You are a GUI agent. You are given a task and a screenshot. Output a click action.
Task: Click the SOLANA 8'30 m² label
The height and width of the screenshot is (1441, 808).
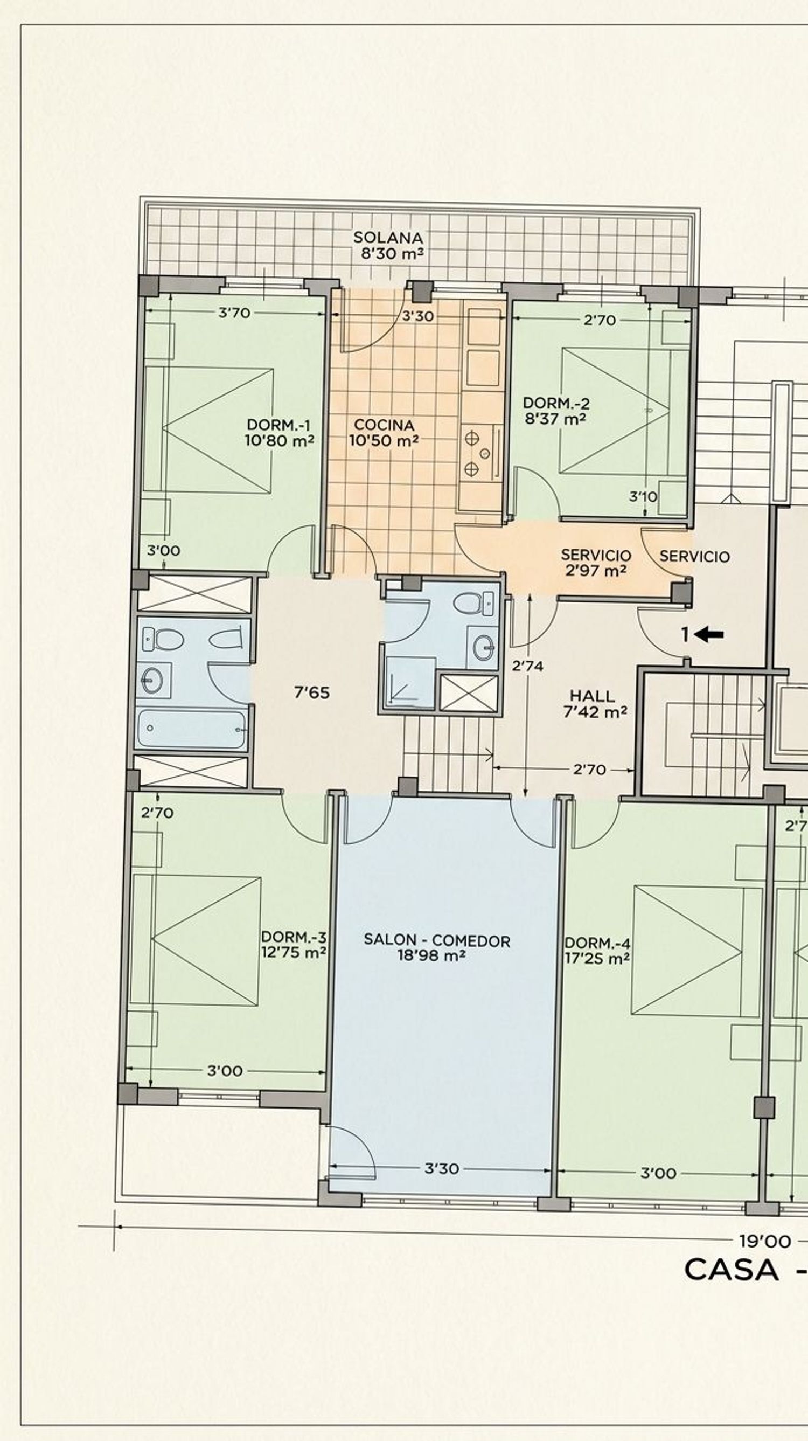point(388,246)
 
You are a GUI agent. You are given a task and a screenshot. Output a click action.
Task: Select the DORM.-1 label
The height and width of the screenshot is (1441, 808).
point(278,424)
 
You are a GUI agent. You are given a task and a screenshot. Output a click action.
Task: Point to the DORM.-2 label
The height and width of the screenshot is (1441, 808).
point(556,403)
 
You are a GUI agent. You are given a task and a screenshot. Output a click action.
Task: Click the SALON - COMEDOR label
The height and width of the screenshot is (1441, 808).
point(437,940)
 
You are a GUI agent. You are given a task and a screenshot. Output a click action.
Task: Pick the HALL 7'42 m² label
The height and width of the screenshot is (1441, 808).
point(595,704)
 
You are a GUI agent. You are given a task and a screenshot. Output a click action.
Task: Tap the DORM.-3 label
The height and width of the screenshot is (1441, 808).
point(294,937)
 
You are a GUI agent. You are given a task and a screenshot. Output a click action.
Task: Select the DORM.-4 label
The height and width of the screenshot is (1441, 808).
point(597,943)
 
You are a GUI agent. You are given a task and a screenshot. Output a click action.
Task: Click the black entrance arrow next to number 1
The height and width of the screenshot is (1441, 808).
point(709,634)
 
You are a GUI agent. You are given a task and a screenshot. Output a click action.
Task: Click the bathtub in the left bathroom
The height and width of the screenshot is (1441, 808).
point(191,729)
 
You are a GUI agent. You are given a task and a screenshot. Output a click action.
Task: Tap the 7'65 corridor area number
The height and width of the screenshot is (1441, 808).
point(312,693)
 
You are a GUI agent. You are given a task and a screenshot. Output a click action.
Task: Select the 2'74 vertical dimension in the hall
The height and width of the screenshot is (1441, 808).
point(527,666)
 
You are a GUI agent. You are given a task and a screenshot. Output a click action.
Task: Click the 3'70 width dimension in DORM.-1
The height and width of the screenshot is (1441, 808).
point(234,313)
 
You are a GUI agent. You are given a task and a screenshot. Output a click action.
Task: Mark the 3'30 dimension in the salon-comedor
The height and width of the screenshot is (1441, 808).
point(442,1168)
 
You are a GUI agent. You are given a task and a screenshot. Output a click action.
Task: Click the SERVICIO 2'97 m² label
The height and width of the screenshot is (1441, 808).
point(596,563)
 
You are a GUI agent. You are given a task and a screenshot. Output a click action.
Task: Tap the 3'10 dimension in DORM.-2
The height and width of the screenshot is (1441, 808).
point(643,496)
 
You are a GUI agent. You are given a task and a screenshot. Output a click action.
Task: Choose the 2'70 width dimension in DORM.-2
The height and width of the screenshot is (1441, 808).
point(600,320)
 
